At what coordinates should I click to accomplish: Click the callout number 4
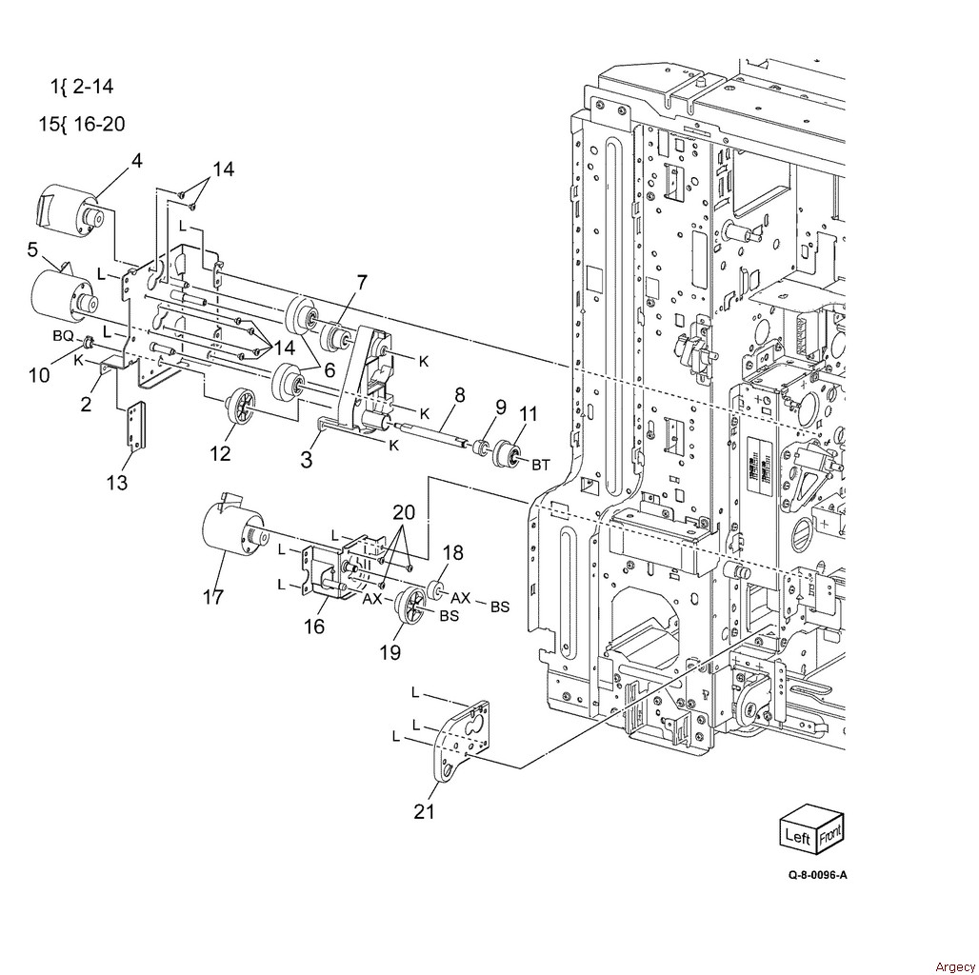coord(136,161)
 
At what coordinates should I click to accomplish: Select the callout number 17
coord(213,597)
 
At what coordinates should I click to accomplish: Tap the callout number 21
coord(424,811)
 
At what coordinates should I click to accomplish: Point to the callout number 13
coord(117,482)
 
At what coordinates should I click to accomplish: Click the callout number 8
coord(460,394)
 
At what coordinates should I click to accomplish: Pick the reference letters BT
coord(541,465)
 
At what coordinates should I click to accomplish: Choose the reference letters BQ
coord(63,336)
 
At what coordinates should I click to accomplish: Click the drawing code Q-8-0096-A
coord(817,874)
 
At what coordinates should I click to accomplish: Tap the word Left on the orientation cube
coord(797,835)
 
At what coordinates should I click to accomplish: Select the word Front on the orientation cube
coord(829,833)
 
